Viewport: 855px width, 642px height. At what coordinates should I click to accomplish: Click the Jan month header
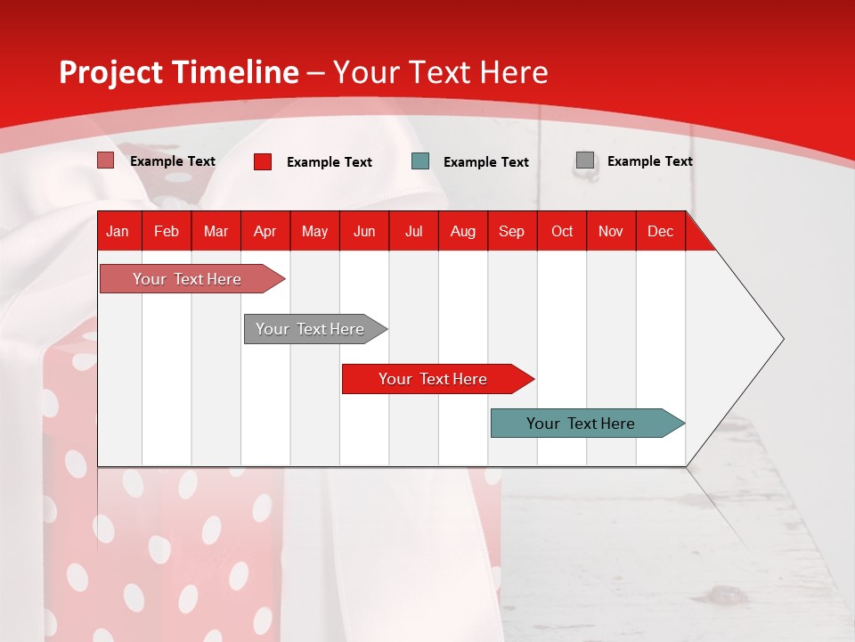coord(118,231)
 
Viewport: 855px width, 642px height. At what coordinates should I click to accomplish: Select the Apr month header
coord(265,231)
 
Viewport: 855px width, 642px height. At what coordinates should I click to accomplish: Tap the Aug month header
coord(462,231)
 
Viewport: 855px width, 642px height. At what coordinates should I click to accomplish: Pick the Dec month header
coord(660,231)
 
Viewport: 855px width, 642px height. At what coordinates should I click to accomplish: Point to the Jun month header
coord(363,231)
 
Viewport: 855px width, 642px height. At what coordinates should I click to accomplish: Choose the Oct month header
coord(561,231)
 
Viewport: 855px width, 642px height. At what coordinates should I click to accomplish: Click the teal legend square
coord(420,161)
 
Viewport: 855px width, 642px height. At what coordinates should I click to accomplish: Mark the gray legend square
coord(585,160)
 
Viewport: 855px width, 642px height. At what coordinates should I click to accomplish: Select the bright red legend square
coord(263,161)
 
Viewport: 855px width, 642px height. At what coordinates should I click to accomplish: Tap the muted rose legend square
coord(106,160)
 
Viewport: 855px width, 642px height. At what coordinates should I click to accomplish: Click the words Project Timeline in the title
coord(178,72)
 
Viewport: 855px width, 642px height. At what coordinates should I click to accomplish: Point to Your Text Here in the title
coord(440,72)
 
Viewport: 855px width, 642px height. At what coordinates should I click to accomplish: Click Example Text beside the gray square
coord(649,161)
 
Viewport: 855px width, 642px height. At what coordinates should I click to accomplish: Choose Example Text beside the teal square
coord(485,162)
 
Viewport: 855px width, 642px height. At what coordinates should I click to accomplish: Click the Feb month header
coord(167,231)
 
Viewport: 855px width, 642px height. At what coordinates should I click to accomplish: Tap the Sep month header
coord(511,231)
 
